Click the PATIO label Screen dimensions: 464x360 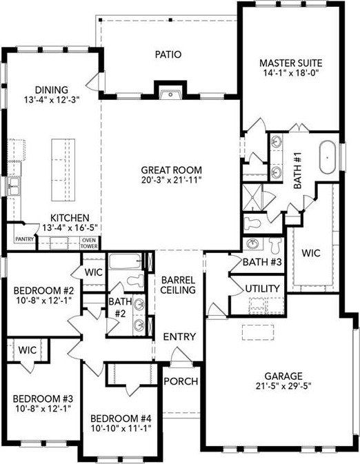click(x=168, y=54)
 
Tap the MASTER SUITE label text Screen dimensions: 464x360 click(x=290, y=62)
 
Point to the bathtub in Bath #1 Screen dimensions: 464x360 click(x=328, y=157)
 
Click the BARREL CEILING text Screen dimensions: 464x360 click(x=179, y=285)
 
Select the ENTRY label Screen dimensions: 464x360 click(x=179, y=337)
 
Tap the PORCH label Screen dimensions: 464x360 click(x=181, y=381)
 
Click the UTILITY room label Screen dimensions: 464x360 click(x=262, y=288)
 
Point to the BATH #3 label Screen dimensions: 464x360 click(x=263, y=262)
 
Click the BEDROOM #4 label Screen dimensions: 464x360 click(x=118, y=418)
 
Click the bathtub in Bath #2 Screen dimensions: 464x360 click(x=125, y=263)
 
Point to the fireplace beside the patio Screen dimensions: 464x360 click(x=169, y=92)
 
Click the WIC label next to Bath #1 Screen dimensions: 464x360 click(x=311, y=253)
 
